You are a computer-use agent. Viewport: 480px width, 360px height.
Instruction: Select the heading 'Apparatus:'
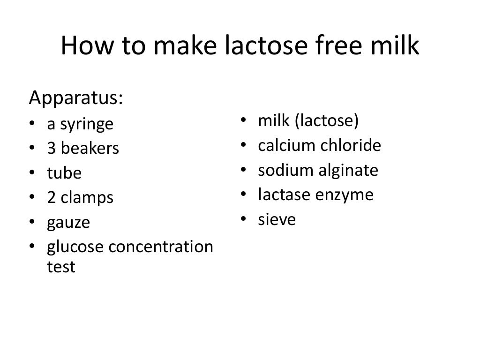pyautogui.click(x=76, y=98)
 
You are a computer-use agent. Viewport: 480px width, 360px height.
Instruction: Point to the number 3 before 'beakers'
pyautogui.click(x=51, y=149)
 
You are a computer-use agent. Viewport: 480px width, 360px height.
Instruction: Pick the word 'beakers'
pyautogui.click(x=90, y=149)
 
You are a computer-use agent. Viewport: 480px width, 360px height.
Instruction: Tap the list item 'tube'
pyautogui.click(x=64, y=173)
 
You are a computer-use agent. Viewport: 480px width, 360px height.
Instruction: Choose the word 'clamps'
pyautogui.click(x=87, y=198)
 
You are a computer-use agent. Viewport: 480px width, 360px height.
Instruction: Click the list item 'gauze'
pyautogui.click(x=68, y=223)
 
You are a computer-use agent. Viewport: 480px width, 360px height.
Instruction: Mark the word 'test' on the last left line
pyautogui.click(x=61, y=267)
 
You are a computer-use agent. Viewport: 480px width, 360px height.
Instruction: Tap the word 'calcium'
pyautogui.click(x=287, y=146)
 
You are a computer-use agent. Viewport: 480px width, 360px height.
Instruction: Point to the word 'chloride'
pyautogui.click(x=351, y=146)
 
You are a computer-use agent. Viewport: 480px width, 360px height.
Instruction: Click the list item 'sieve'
pyautogui.click(x=277, y=219)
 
